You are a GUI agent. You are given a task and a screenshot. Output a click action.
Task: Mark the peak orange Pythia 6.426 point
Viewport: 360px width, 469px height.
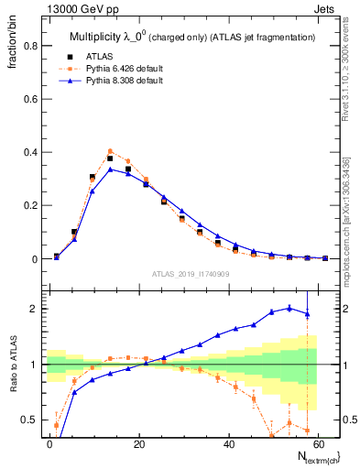[110, 151]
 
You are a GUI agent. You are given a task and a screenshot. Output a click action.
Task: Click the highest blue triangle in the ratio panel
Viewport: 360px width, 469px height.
[289, 308]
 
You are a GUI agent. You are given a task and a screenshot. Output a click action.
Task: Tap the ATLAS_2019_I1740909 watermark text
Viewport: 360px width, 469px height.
[191, 274]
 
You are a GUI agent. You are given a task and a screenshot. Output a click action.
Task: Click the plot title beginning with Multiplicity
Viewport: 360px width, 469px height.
[192, 37]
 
